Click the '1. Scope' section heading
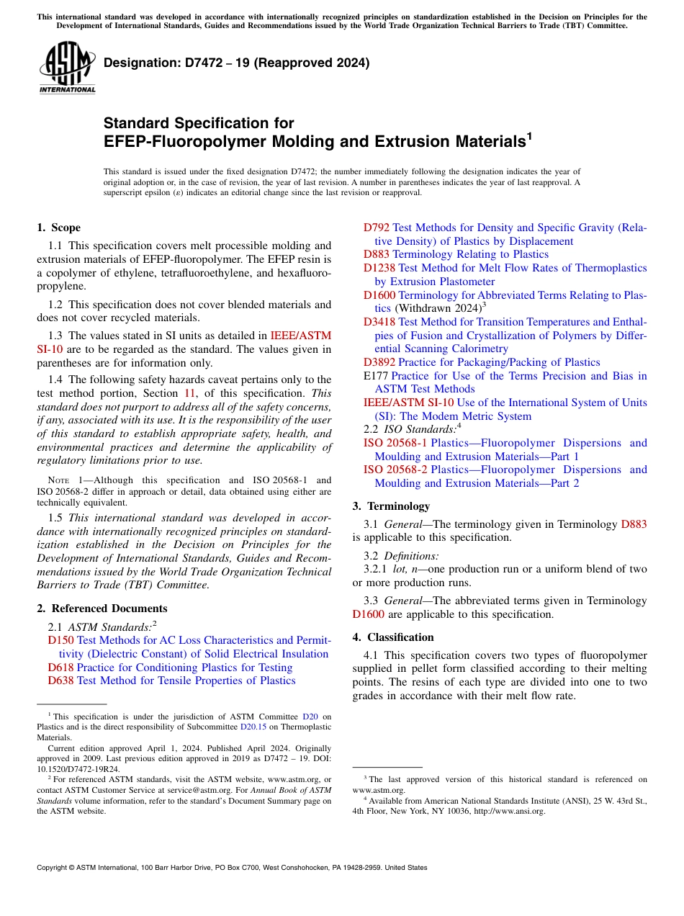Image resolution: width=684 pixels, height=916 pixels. click(x=58, y=228)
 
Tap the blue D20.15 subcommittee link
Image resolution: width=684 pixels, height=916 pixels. click(x=253, y=727)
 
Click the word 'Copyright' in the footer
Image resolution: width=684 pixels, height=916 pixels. click(x=54, y=868)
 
